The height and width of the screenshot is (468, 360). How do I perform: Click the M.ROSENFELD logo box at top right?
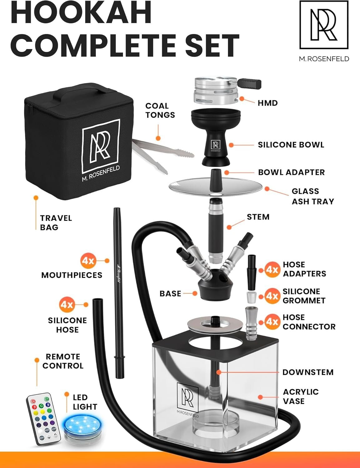[x=324, y=25]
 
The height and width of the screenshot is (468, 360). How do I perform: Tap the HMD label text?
[x=268, y=103]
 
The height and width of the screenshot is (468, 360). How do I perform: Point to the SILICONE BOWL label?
[x=291, y=145]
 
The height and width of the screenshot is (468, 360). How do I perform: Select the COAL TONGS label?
[x=160, y=110]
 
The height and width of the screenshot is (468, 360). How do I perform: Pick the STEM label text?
[x=258, y=217]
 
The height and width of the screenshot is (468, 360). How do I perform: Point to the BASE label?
[x=170, y=294]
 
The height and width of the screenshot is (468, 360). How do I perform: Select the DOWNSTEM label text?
[x=308, y=372]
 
